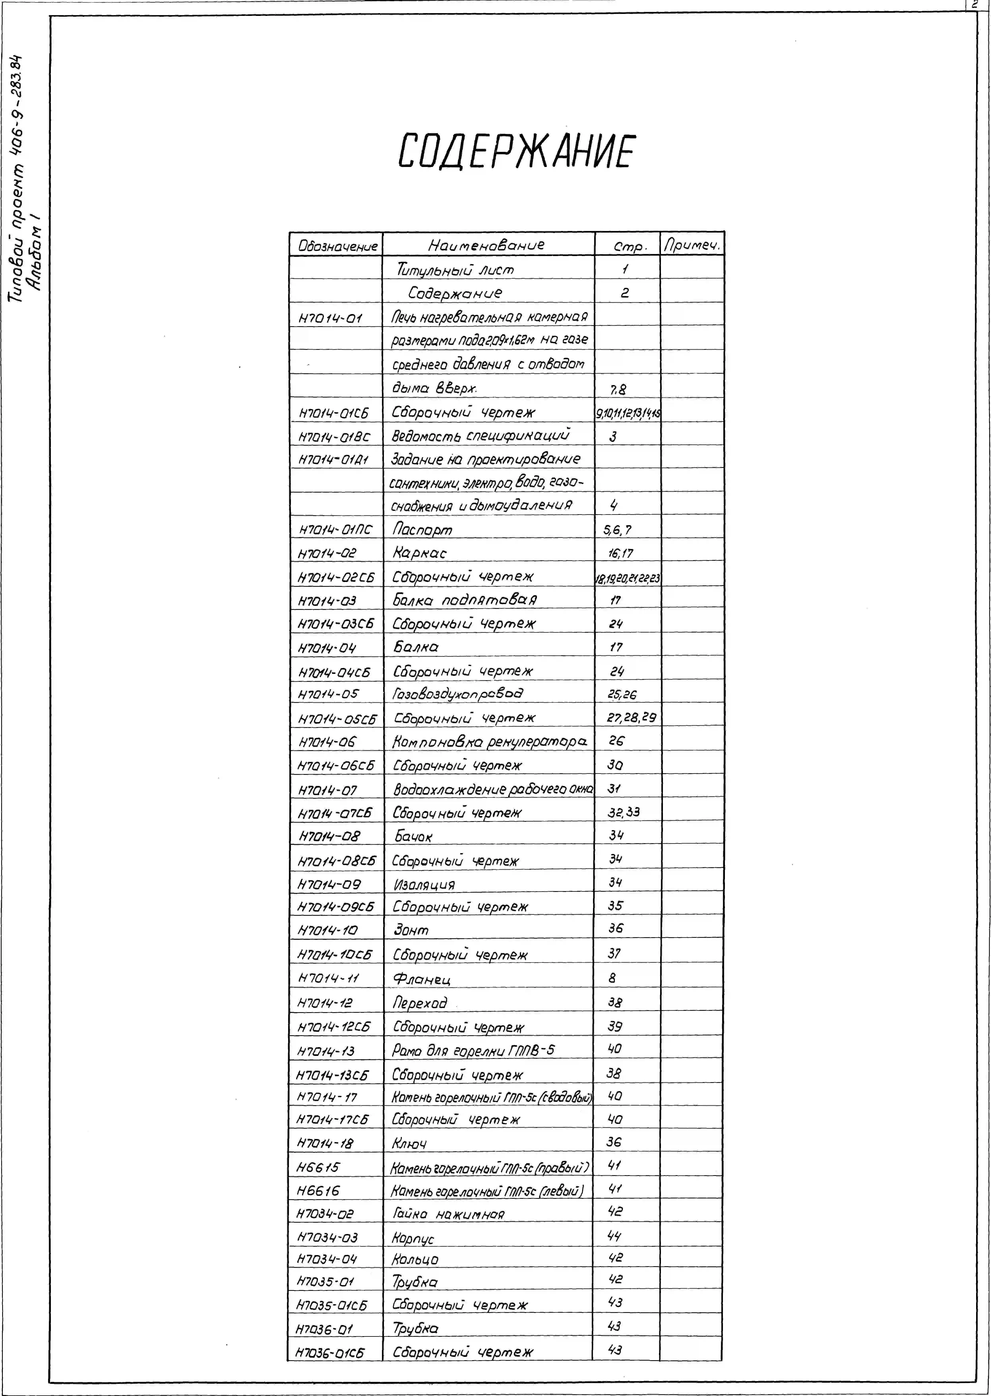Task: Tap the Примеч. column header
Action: pos(692,245)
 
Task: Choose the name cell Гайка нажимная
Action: pos(449,1214)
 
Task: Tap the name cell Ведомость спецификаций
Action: pos(481,436)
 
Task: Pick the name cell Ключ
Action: pos(409,1143)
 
